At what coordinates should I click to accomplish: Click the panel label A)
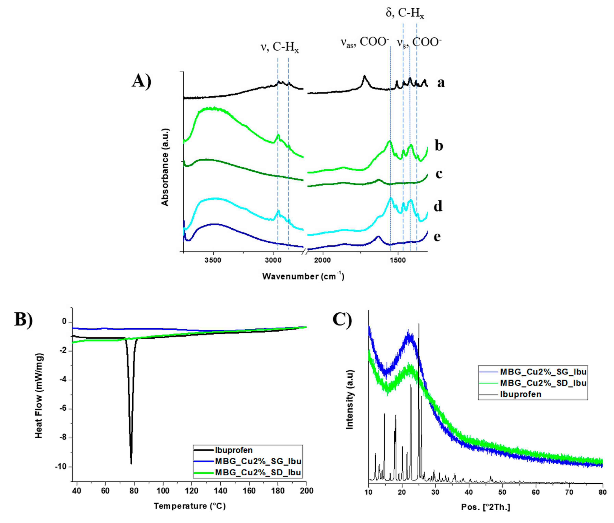coord(141,81)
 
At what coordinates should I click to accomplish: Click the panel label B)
coord(24,319)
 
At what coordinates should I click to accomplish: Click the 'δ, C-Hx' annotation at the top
coord(405,14)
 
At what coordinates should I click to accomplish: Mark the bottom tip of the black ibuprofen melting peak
coord(131,464)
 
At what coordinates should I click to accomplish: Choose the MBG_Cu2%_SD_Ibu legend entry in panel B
coord(258,472)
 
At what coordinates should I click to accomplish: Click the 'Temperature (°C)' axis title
coord(190,506)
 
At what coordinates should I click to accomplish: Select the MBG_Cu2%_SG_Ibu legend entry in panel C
coord(543,371)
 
